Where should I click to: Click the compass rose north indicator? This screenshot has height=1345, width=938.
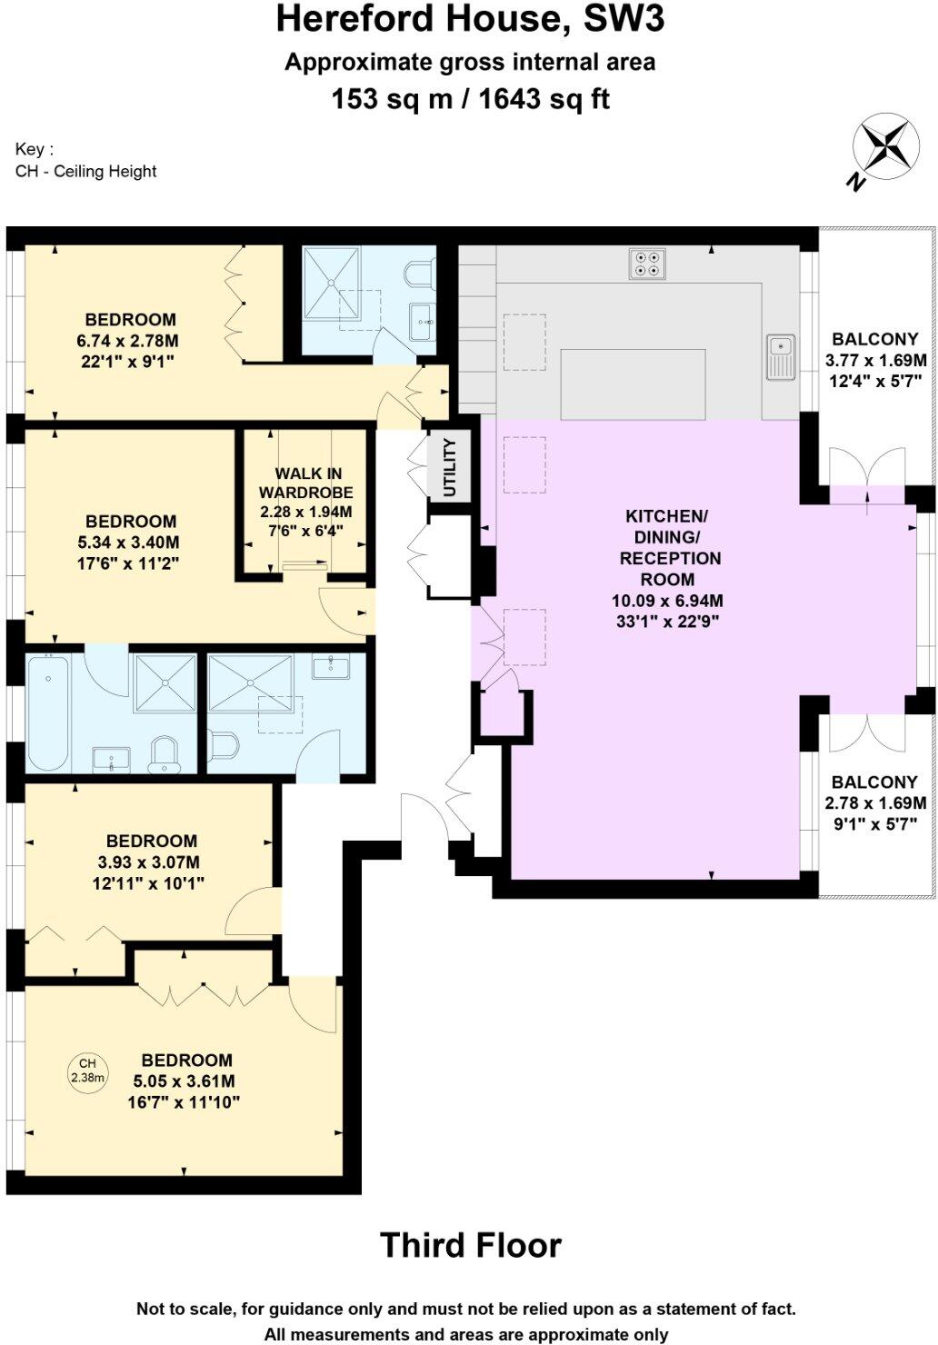883,149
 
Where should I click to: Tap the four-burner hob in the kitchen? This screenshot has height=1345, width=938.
646,263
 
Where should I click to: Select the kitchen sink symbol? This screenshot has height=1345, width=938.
781,356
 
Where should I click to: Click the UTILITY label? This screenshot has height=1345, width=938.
449,467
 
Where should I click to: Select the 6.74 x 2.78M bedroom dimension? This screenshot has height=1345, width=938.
130,341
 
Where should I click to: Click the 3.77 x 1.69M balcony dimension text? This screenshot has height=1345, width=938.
874,360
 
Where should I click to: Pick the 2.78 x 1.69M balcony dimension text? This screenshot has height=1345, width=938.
874,803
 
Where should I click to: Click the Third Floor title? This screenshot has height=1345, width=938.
470,1245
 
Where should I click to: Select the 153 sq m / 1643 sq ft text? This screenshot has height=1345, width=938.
470,98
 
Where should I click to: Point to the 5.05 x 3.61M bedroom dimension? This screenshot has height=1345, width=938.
185,1081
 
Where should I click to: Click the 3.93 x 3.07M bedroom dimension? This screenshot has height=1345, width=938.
151,862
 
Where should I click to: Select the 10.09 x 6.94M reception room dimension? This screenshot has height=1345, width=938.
667,601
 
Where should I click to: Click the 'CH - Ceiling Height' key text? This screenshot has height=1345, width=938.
86,171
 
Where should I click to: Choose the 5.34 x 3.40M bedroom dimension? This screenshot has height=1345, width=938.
131,543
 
